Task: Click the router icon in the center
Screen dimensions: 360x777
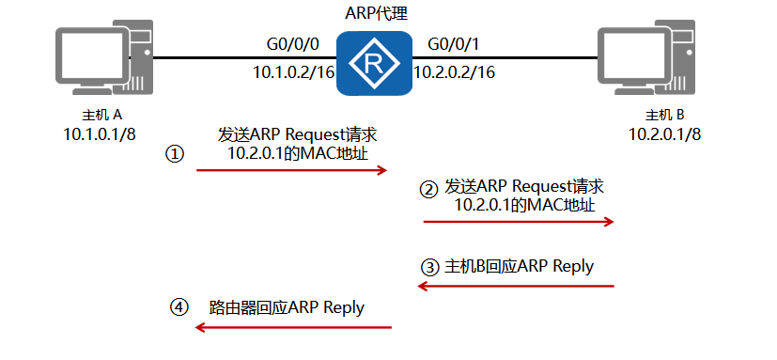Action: pos(375,63)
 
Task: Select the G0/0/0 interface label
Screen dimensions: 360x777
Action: pos(293,43)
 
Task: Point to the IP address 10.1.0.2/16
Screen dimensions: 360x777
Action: pos(292,71)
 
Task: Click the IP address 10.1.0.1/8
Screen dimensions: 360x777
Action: pos(99,133)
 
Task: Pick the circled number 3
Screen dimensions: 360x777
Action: pos(429,267)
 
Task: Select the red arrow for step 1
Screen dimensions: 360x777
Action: pos(291,170)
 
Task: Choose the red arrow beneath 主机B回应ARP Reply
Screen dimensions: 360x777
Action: pos(516,287)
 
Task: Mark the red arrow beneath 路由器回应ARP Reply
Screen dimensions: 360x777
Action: pos(292,327)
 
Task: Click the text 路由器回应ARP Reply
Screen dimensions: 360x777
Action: pos(287,307)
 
